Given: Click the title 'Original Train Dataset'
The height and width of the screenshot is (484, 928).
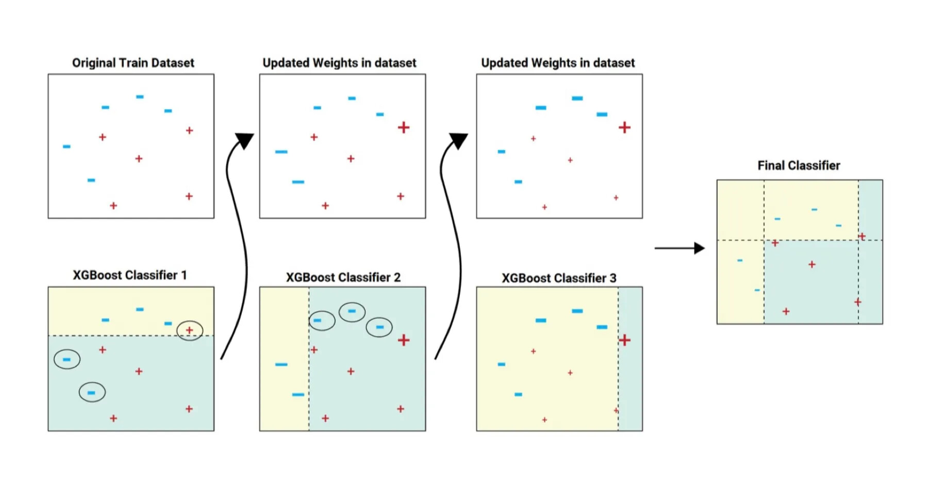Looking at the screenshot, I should point(133,63).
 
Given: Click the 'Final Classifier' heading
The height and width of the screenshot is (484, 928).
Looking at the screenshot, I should point(799,165).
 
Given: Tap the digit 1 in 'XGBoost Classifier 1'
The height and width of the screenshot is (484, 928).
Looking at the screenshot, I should point(184,275).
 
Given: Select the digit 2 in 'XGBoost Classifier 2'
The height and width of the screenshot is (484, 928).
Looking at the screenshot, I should point(397,277).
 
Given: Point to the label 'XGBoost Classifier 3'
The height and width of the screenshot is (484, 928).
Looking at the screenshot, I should point(559,278).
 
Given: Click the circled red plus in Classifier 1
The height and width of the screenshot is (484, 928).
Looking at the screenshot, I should point(190,330).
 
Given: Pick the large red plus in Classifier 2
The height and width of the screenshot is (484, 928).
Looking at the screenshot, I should point(404,340).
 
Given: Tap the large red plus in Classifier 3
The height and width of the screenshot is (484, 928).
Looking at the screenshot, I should point(624,340).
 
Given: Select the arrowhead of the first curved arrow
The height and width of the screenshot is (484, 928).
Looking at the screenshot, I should point(244,140).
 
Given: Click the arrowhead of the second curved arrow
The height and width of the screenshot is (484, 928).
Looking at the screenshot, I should point(458,140).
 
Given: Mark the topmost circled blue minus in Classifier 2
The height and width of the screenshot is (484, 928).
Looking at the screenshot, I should point(352,311).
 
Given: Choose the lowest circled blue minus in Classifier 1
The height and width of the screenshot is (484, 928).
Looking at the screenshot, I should point(92,393).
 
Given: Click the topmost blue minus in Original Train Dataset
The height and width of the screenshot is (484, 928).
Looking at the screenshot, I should point(140,97).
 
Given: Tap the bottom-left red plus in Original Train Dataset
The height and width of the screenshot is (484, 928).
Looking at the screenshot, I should point(113,206).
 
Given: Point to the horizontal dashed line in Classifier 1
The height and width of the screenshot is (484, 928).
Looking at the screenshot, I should point(129,336).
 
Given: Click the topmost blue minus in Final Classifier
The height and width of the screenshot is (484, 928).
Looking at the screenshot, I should point(814,210).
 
